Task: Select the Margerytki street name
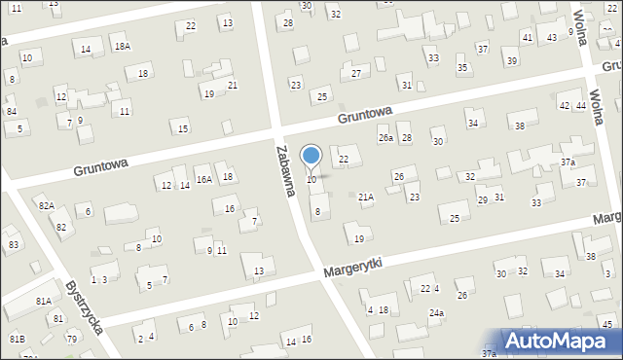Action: tap(354, 265)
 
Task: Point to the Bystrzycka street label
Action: tap(85, 308)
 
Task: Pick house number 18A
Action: tap(122, 46)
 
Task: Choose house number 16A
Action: tap(203, 179)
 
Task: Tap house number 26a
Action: tap(386, 138)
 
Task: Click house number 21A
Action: tap(366, 197)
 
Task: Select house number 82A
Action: tap(46, 206)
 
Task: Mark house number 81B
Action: tap(17, 339)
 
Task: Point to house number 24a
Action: tap(437, 312)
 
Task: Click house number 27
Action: tap(356, 73)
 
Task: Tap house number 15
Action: tap(183, 128)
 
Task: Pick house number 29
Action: tap(482, 199)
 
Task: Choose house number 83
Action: tap(13, 244)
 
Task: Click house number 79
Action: tap(71, 339)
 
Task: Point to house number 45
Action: tap(606, 323)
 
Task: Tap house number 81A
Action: tap(44, 302)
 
